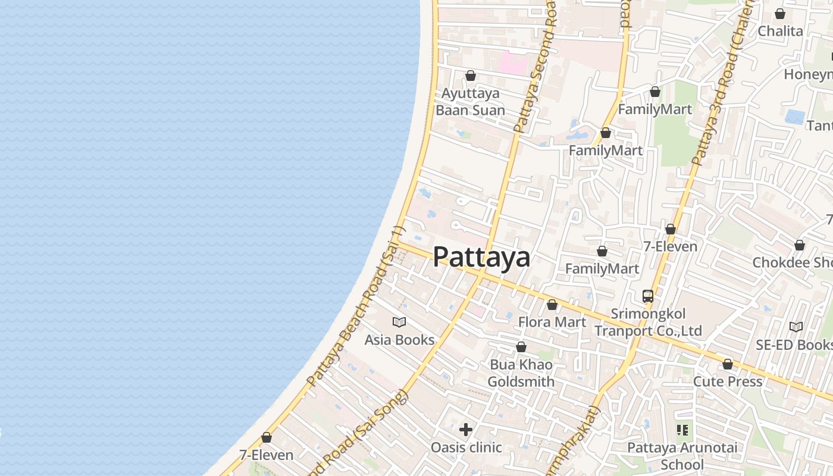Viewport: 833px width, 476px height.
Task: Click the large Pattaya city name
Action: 481,257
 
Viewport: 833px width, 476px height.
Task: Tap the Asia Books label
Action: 399,340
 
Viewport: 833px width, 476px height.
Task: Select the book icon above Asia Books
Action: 399,322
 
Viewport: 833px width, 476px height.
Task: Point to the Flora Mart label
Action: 552,322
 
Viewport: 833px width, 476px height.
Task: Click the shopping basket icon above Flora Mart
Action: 552,305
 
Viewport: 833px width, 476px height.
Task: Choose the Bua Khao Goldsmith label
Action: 521,373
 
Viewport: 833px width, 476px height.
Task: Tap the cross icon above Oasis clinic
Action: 466,430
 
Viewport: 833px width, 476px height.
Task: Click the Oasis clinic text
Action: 466,447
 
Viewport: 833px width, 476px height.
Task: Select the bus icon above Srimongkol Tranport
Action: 648,296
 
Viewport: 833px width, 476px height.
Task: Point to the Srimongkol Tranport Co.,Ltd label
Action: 648,322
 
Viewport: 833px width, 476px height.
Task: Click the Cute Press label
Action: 728,381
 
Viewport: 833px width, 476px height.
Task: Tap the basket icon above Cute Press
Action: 728,364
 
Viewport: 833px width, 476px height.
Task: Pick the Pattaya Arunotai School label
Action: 682,456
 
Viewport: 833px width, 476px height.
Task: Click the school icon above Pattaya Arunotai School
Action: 682,430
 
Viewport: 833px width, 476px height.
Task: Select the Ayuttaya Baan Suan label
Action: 470,102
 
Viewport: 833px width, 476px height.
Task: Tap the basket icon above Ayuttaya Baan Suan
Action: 471,76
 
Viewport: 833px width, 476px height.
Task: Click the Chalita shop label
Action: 780,31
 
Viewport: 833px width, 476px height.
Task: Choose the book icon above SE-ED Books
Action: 796,327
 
